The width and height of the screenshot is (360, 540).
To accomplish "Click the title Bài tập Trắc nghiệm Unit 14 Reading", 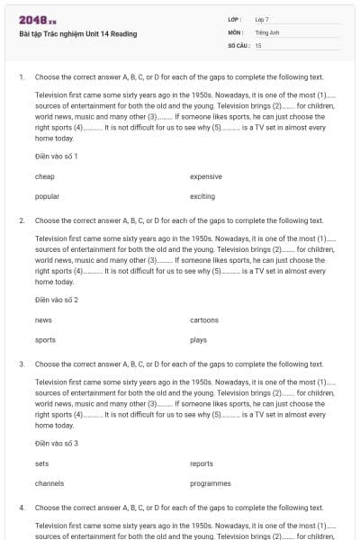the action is point(77,33).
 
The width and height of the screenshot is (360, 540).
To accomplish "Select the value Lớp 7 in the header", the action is point(262,19).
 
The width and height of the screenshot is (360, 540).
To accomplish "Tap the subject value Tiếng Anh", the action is point(265,31).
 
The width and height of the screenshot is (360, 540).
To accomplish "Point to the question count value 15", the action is point(258,44).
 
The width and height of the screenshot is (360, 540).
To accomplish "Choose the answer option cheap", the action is point(44,176).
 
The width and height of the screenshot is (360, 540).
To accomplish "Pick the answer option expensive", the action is point(206,176).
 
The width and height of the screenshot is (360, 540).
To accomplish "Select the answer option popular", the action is point(47,196).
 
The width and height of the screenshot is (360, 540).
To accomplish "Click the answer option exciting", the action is point(202,196).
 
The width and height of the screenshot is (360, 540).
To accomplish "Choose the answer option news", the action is point(43,320).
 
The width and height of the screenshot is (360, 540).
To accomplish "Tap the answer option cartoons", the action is point(204,320).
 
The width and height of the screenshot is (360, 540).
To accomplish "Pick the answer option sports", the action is point(45,340).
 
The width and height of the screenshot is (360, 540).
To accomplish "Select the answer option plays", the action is point(198,340).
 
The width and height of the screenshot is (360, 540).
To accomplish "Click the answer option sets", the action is point(41,464).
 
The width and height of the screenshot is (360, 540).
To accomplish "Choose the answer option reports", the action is point(202,464).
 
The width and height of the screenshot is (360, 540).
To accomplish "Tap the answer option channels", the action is point(49,483).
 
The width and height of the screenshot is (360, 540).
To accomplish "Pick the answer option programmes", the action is point(210,483).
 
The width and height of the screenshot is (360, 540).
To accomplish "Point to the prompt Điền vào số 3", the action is point(56,444).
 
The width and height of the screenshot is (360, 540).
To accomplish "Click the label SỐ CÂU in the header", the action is point(238,44).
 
